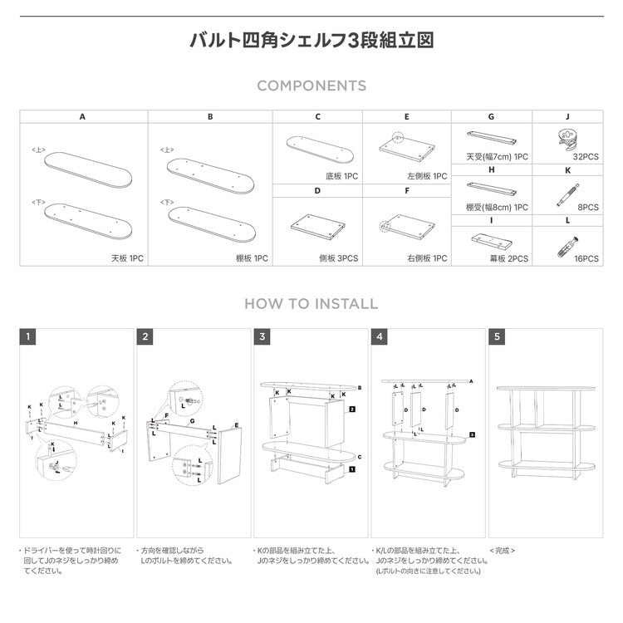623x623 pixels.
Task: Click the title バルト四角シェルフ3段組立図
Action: click(311, 40)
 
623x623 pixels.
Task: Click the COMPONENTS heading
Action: click(311, 86)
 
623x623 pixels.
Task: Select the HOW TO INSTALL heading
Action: click(311, 304)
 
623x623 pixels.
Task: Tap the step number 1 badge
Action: click(28, 337)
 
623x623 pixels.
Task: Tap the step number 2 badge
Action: click(146, 337)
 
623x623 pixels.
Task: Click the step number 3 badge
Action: click(263, 337)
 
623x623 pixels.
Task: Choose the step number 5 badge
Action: click(498, 337)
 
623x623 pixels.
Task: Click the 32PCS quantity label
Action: click(586, 156)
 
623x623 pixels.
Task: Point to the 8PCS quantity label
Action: click(587, 208)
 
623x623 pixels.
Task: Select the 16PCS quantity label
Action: click(586, 259)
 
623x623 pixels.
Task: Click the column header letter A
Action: click(82, 117)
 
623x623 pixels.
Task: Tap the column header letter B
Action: click(210, 117)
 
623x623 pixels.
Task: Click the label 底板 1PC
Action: click(341, 176)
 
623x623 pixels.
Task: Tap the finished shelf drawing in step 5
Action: click(546, 432)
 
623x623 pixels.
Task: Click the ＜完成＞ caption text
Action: click(503, 550)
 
